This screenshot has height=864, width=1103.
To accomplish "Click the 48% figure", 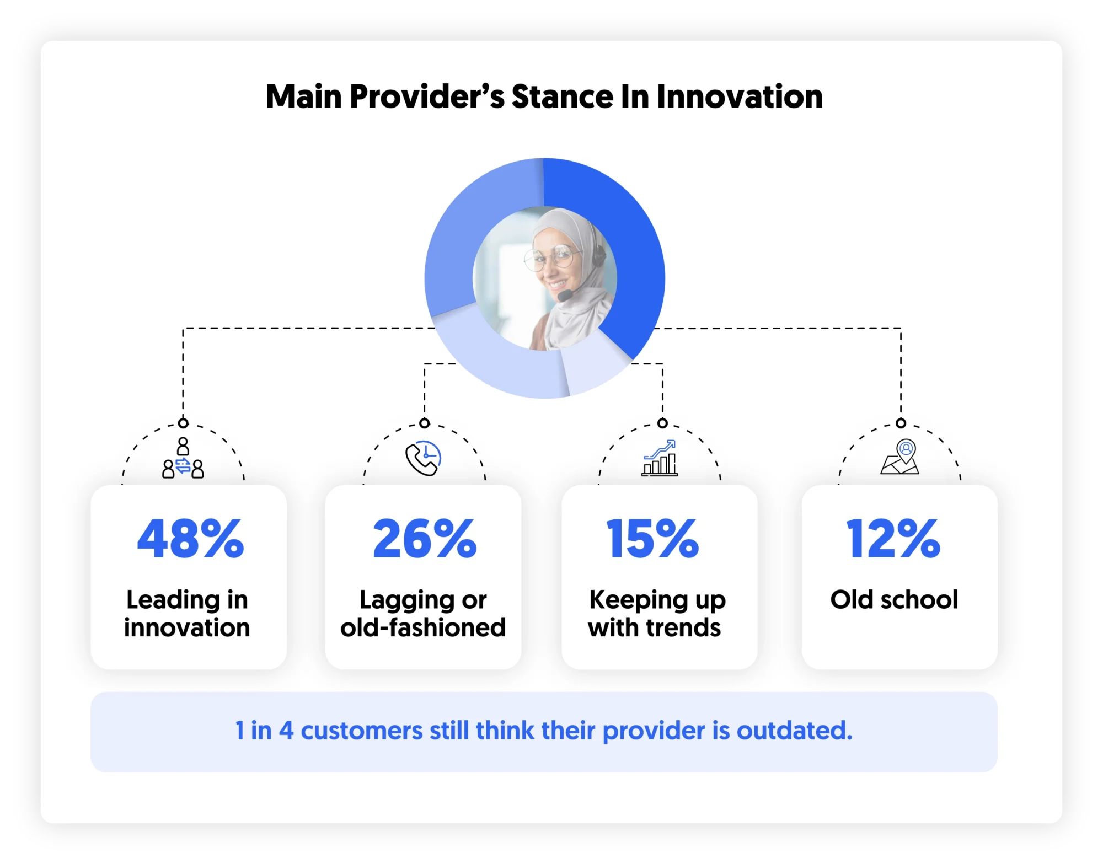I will pyautogui.click(x=190, y=539).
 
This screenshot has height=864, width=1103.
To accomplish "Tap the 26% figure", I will pyautogui.click(x=425, y=539).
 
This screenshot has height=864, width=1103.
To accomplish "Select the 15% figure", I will pyautogui.click(x=652, y=539).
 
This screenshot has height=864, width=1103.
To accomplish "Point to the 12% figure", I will pyautogui.click(x=893, y=539).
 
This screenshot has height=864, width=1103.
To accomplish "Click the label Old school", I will pyautogui.click(x=894, y=599).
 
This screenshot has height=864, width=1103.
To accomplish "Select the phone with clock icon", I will pyautogui.click(x=424, y=458).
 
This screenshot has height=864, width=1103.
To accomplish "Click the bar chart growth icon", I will pyautogui.click(x=660, y=458).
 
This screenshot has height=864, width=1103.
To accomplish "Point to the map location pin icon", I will pyautogui.click(x=900, y=457).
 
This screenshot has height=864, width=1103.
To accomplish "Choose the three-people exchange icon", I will pyautogui.click(x=183, y=458).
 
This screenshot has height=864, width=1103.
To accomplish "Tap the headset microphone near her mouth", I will pyautogui.click(x=564, y=296).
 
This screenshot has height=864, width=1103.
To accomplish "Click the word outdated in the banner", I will pyautogui.click(x=794, y=731).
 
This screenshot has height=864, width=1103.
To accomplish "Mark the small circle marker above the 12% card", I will pyautogui.click(x=901, y=423).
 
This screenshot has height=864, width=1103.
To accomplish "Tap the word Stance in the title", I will pyautogui.click(x=562, y=97).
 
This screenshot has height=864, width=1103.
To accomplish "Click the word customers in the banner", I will pyautogui.click(x=361, y=731).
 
